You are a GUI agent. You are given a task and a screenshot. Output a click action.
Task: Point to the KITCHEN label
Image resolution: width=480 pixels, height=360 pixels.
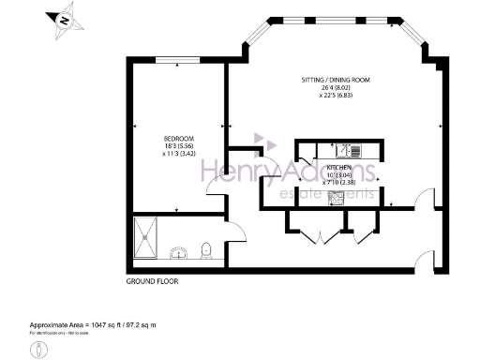[x=338, y=166]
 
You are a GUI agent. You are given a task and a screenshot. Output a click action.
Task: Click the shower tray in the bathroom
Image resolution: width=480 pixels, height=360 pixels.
[x=147, y=237]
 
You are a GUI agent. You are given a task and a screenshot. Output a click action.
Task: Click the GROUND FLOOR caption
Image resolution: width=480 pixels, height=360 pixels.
[x=151, y=281]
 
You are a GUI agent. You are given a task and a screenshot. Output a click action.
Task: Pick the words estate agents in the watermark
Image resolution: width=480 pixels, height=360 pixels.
[x=328, y=195]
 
